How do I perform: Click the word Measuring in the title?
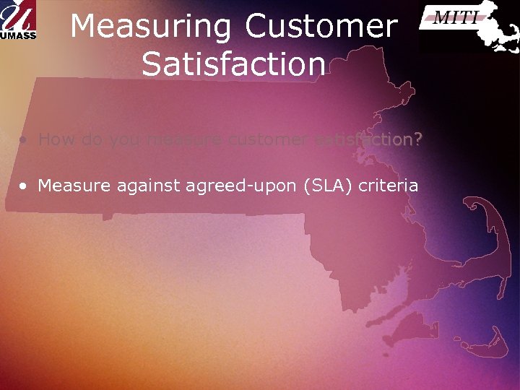click(152, 27)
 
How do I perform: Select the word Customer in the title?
click(321, 27)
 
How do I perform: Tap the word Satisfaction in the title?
click(234, 64)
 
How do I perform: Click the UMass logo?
click(19, 20)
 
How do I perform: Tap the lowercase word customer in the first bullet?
click(268, 139)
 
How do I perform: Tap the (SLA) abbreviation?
click(329, 186)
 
